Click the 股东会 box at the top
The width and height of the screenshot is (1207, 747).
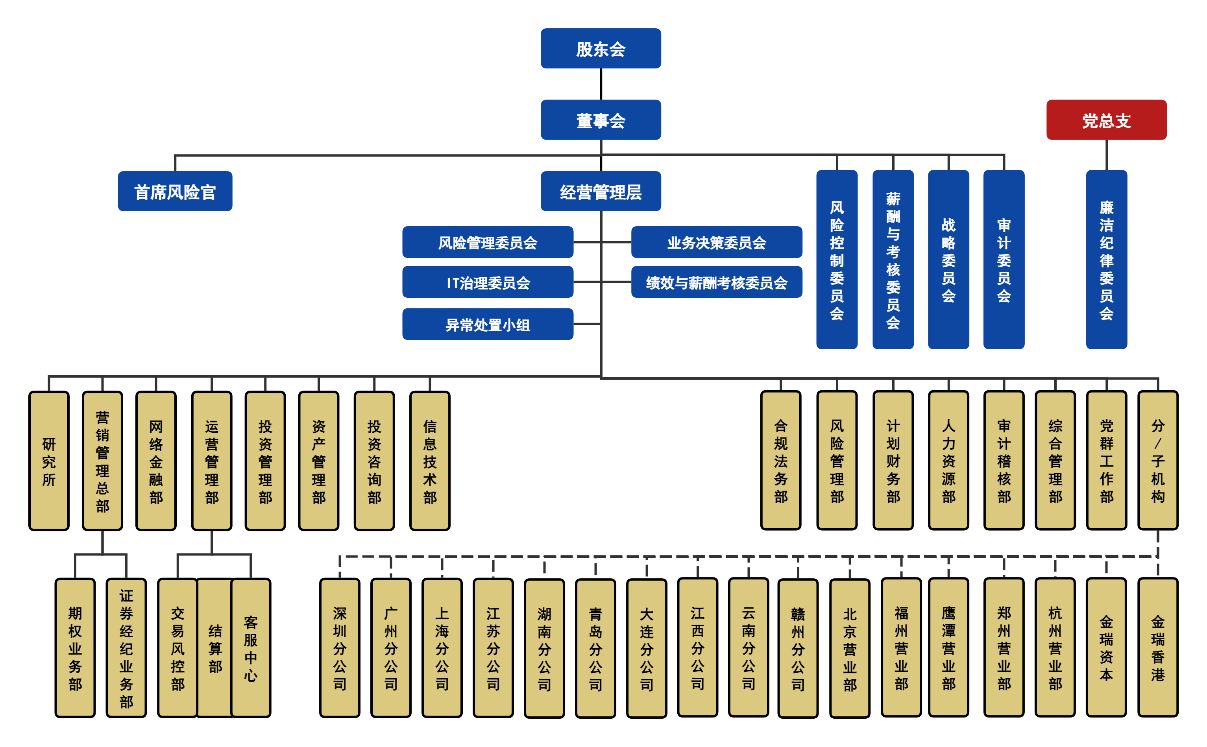click(601, 48)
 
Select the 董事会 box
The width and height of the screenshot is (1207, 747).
click(601, 120)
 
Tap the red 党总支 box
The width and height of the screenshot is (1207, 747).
click(1106, 120)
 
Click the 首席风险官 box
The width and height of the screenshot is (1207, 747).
click(175, 191)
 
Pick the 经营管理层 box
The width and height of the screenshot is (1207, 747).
click(601, 191)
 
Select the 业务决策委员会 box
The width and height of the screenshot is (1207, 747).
click(716, 242)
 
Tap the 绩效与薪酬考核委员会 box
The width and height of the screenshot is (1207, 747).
click(716, 282)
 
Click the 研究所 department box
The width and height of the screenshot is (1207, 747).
click(49, 461)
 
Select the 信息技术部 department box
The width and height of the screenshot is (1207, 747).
click(429, 461)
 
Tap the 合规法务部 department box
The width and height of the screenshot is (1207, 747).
click(780, 461)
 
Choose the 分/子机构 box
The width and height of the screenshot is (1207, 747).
click(1157, 461)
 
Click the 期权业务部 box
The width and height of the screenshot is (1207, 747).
click(75, 648)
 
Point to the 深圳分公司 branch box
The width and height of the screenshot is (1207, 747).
click(340, 648)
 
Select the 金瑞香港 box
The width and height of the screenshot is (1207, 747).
click(1157, 648)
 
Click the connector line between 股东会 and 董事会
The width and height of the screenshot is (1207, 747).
click(601, 84)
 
